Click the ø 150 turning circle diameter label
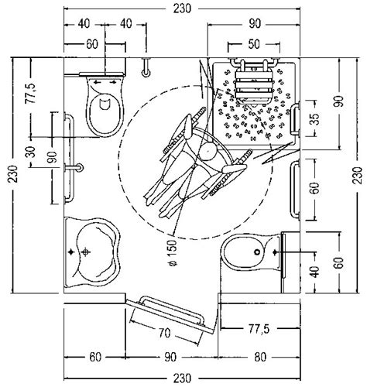173,253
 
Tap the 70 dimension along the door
164,333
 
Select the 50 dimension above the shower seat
254,44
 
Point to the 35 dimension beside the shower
315,118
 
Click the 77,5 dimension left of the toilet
32,94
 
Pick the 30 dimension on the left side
31,152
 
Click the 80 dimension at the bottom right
260,357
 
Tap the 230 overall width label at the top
182,9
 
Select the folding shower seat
254,83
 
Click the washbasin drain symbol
86,252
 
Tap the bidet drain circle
257,252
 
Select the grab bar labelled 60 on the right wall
295,190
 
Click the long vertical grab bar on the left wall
69,158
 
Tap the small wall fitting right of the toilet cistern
146,67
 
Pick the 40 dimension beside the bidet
314,271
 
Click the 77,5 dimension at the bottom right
259,329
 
